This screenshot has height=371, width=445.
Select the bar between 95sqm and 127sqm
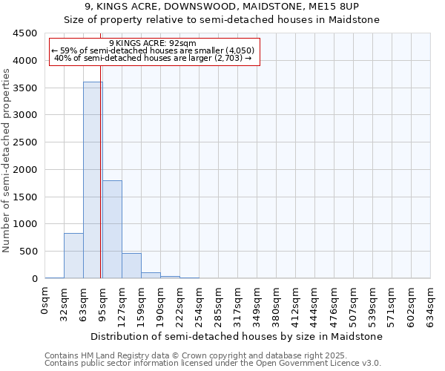click(x=112, y=229)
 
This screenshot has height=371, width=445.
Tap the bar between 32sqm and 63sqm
click(x=73, y=256)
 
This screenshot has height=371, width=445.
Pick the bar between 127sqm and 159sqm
click(x=131, y=266)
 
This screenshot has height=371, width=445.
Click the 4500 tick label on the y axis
click(x=25, y=33)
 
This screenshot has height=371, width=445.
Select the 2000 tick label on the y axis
click(x=25, y=170)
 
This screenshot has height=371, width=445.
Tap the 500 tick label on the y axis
click(x=28, y=252)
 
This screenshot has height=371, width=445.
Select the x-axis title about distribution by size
click(x=237, y=336)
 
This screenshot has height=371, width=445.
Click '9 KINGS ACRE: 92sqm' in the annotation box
click(x=153, y=43)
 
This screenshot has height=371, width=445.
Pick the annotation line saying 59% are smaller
click(x=153, y=50)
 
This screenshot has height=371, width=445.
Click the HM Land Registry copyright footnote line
click(x=211, y=355)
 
